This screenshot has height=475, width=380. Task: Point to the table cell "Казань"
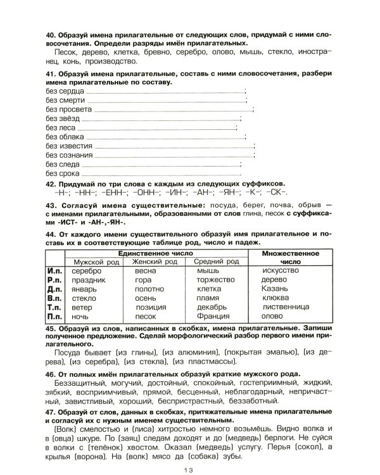pos(274,289)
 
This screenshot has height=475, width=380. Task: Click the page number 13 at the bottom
pos(190,468)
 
